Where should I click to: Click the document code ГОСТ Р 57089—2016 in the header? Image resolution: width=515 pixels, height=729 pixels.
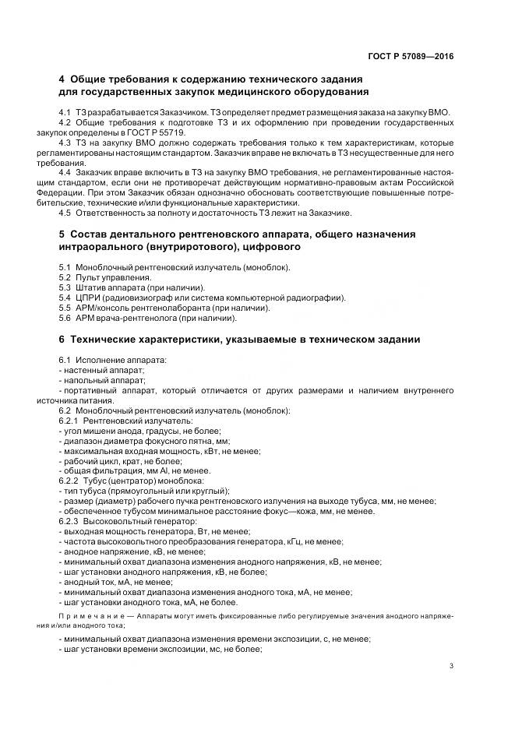pos(410,57)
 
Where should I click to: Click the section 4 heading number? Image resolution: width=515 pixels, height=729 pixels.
pos(62,79)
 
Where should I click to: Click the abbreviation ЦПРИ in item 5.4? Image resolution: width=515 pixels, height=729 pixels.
pos(90,298)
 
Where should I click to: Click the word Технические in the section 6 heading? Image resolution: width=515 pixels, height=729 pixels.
pos(112,340)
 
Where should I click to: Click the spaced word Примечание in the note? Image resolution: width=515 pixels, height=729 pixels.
pos(86,615)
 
